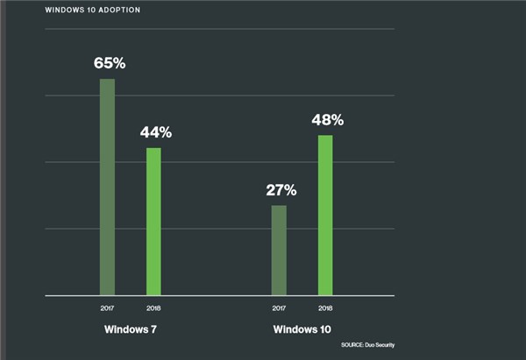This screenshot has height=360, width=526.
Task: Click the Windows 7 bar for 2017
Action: (107, 187)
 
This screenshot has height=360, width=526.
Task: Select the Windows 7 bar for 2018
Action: (153, 222)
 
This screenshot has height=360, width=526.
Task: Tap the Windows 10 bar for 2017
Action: (279, 251)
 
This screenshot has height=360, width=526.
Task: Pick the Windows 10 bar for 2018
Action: (325, 215)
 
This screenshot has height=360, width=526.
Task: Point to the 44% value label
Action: (155, 133)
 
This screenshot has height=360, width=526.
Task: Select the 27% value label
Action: (281, 190)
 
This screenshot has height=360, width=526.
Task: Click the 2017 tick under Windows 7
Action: (107, 308)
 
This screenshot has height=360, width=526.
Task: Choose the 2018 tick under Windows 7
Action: (153, 308)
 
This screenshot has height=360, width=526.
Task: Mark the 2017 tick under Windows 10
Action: (279, 308)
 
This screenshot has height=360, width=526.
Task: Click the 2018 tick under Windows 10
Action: (325, 308)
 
